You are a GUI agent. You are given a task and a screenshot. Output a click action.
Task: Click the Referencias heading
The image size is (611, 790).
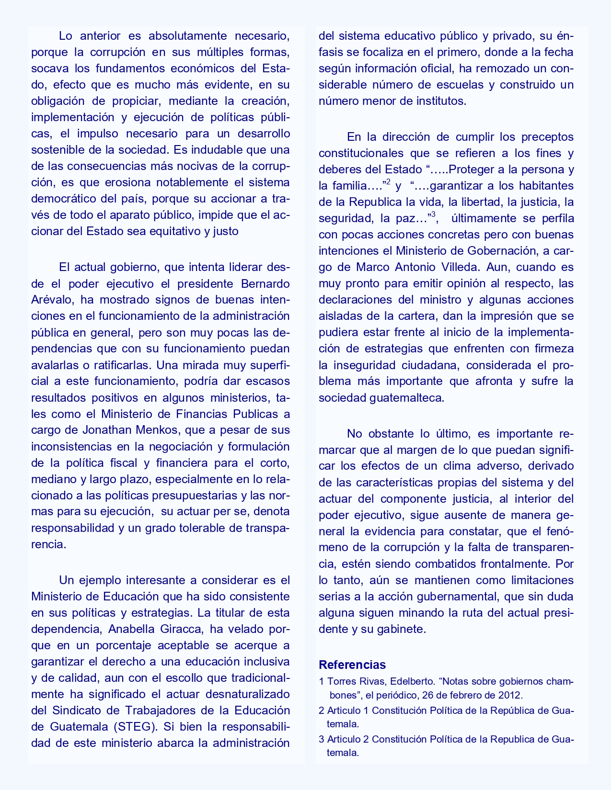(x=352, y=665)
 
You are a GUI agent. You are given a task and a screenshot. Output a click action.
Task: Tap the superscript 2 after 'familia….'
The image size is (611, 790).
(x=389, y=182)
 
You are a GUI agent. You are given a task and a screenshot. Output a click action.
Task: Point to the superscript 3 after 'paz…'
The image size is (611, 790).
(x=433, y=215)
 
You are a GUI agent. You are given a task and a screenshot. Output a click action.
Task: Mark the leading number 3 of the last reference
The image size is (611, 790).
(x=322, y=739)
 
